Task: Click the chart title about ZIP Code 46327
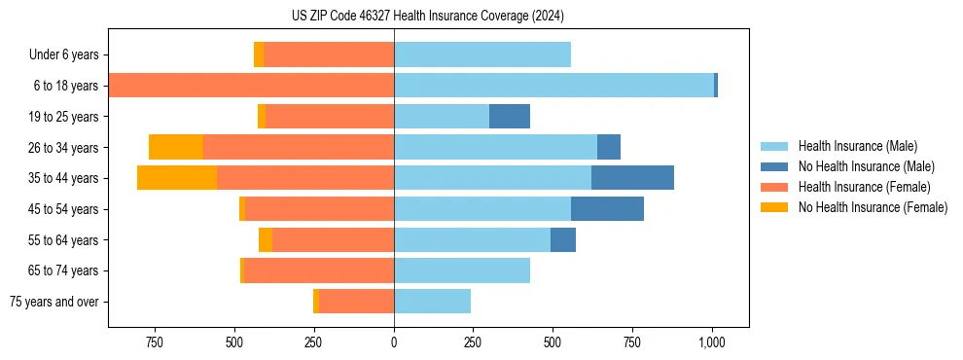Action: (x=427, y=16)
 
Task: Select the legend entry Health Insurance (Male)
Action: (x=857, y=146)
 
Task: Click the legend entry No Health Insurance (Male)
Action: (x=866, y=166)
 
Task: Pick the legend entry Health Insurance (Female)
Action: (x=864, y=187)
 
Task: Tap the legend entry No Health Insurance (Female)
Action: (x=873, y=207)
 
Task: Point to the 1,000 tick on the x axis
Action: (x=712, y=342)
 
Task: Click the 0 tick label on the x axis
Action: (x=394, y=342)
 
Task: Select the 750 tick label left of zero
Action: (x=154, y=342)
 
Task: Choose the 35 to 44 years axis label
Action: (x=64, y=178)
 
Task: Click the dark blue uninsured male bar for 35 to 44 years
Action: (x=632, y=178)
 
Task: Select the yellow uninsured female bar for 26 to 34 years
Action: (x=176, y=147)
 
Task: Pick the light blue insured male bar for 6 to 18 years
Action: (x=553, y=86)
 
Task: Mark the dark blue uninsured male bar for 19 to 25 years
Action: (x=509, y=116)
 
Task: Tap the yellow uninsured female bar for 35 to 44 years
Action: (x=177, y=178)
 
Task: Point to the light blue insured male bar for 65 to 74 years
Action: (x=462, y=270)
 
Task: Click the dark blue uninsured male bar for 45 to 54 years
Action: (x=607, y=208)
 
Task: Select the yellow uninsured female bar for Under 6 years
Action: (x=259, y=54)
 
